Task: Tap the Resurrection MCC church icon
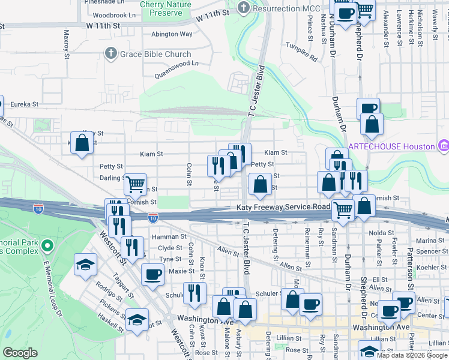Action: pyautogui.click(x=243, y=8)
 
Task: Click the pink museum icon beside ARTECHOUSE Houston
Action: pyautogui.click(x=444, y=146)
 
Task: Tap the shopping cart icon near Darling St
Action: pyautogui.click(x=136, y=182)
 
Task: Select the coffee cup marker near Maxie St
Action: pyautogui.click(x=152, y=275)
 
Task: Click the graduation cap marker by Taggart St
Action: pyautogui.click(x=85, y=264)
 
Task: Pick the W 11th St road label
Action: pyautogui.click(x=103, y=26)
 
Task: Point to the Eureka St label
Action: pyautogui.click(x=22, y=104)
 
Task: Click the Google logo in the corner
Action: pyautogui.click(x=20, y=353)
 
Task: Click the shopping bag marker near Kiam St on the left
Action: pyautogui.click(x=82, y=143)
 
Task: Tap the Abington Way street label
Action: pyautogui.click(x=172, y=34)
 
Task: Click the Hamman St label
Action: pyautogui.click(x=170, y=238)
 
